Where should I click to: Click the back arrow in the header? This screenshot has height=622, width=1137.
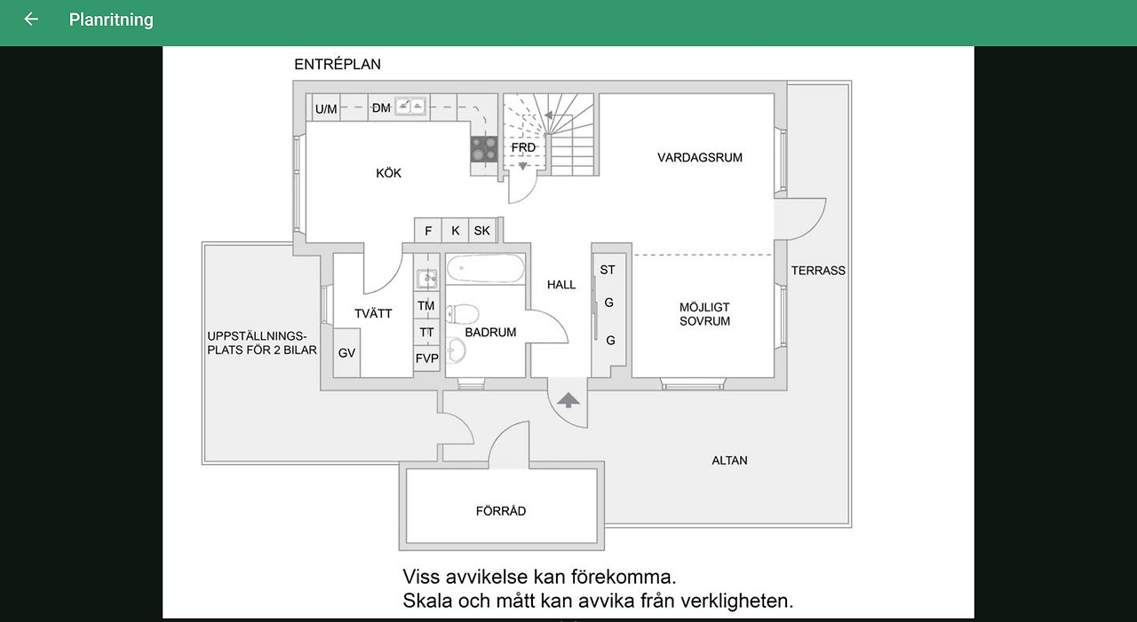coord(31,19)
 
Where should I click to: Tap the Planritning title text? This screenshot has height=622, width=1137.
coord(111,20)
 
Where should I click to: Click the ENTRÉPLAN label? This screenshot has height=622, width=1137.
coord(338,65)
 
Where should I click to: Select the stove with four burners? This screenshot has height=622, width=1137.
coord(483,148)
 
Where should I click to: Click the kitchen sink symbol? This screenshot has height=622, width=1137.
coord(409,106)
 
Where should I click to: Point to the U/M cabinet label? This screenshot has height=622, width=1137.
coord(326,109)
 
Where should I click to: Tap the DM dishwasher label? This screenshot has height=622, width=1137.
coord(381,108)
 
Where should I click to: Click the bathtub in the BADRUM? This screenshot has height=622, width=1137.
coord(485,269)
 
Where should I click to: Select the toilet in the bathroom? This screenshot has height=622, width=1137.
coord(463,313)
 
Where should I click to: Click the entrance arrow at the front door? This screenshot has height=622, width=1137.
coord(568,399)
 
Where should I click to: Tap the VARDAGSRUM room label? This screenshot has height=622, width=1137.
coord(700,158)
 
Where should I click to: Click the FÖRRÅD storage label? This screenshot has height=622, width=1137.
coord(501,511)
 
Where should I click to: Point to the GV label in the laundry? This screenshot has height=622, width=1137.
coord(346,353)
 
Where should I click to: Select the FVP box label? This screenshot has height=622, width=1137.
coord(427,358)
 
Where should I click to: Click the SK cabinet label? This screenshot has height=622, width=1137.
coord(481,231)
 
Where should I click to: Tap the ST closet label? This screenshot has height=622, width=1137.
coord(608,270)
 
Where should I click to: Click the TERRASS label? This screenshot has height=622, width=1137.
coord(818,271)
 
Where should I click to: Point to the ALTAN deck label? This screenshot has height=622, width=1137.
coord(729,461)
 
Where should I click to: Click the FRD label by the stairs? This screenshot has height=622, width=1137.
coord(523,147)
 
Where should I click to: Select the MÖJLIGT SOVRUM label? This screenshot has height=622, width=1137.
coord(704,314)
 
